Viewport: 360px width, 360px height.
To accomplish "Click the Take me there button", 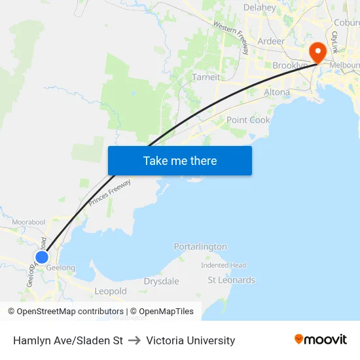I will [180, 160].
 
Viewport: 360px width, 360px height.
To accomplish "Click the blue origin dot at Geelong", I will [41, 257].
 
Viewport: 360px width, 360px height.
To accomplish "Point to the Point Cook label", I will [248, 120].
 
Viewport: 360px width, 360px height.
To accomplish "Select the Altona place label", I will [276, 92].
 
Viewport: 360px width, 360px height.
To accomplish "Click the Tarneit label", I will [206, 77].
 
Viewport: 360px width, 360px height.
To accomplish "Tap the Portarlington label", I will [200, 247].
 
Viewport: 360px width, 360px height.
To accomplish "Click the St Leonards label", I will [231, 280].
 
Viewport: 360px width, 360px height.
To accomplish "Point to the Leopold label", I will [110, 291].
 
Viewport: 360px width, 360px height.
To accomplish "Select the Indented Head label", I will [223, 265].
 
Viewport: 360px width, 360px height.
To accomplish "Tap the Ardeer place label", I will [271, 41].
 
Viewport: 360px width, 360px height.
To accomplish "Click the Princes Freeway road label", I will [110, 194].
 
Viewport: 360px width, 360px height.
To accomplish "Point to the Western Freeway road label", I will [231, 37].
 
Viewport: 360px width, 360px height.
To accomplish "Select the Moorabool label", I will [28, 223].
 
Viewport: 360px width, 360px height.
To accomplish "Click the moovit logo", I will [320, 340].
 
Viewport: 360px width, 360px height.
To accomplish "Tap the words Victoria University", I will [190, 340].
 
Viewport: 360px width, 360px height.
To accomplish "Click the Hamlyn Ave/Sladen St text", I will [68, 340].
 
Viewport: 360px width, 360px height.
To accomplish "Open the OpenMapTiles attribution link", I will [162, 312].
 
